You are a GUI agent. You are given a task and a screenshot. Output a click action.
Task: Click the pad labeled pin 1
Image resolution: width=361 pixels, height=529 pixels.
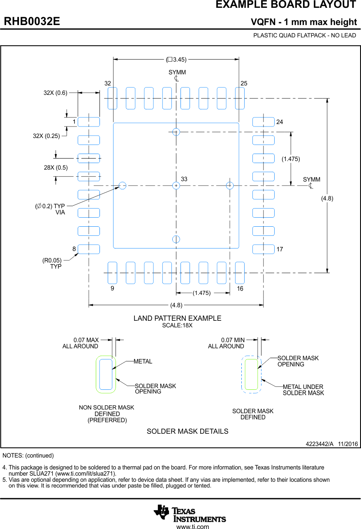[x=89, y=122]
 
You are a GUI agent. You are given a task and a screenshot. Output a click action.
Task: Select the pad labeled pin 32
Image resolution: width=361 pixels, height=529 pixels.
[x=112, y=99]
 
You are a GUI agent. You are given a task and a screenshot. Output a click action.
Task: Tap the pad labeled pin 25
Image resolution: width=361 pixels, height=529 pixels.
[x=240, y=99]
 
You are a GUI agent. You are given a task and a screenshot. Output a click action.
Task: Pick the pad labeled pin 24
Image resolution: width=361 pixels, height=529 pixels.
[x=263, y=122]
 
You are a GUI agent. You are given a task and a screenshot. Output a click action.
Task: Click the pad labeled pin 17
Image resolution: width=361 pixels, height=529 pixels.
[x=263, y=249]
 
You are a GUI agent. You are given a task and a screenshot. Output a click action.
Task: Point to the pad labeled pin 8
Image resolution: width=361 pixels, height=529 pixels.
[x=89, y=249]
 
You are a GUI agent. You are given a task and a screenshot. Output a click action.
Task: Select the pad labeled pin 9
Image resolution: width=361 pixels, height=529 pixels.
[x=112, y=273]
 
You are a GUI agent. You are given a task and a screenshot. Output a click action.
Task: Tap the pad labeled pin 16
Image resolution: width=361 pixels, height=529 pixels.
[x=240, y=273]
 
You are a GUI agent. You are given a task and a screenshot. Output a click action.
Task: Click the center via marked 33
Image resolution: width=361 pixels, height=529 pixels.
[x=176, y=186]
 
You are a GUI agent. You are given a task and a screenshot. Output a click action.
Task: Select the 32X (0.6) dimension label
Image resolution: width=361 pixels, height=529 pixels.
[x=56, y=93]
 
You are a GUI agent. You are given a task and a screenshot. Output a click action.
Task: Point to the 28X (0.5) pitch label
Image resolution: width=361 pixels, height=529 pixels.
[x=56, y=167]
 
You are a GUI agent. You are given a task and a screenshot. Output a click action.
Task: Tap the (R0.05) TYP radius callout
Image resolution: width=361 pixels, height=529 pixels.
[x=52, y=263]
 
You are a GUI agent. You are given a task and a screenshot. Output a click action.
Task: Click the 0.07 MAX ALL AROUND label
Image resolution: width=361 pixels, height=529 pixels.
[x=81, y=343]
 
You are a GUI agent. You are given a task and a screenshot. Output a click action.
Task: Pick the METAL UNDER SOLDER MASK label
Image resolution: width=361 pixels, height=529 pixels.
[x=303, y=390]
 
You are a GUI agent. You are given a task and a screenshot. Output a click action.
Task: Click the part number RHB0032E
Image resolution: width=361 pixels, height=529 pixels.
[x=32, y=21]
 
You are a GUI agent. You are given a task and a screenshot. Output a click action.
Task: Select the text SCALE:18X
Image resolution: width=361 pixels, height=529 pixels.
[x=177, y=325]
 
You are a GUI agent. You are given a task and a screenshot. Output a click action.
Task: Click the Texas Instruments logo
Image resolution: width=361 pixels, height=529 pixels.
[x=190, y=513]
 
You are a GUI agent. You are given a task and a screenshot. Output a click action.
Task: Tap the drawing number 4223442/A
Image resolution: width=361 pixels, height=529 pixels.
[x=319, y=444]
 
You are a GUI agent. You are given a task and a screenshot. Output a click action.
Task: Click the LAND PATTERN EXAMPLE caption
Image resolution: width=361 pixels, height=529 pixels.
[x=177, y=318]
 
